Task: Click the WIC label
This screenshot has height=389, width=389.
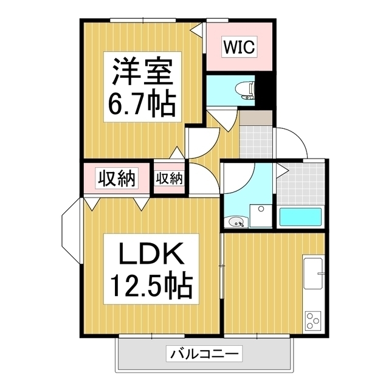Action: [239, 47]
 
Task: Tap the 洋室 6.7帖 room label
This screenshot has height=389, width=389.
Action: [142, 86]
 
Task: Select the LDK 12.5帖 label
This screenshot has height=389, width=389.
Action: [151, 269]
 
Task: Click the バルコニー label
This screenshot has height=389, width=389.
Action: [204, 353]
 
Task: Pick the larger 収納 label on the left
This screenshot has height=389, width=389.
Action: [117, 178]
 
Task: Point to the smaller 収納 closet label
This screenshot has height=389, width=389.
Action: [169, 178]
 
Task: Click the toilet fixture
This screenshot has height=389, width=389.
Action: [245, 91]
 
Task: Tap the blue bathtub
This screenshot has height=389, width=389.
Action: [300, 217]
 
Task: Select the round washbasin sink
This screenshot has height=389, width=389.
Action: [236, 221]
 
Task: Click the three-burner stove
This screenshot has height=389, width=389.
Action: [312, 320]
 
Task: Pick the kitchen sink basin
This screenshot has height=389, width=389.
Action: [313, 273]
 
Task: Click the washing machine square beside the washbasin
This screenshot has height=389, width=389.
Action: [261, 216]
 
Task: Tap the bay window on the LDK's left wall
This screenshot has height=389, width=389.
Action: [71, 231]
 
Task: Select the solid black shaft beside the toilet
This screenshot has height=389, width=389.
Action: [265, 91]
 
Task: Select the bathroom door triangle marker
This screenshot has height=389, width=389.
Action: [282, 170]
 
